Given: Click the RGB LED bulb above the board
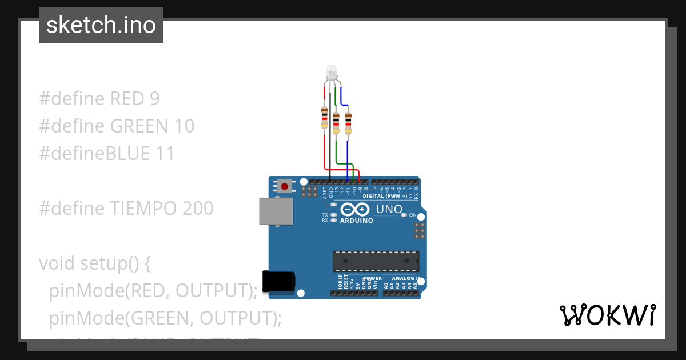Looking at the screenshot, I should [332, 72].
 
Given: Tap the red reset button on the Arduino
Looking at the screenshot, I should [285, 186].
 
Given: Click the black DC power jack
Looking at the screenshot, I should [278, 282].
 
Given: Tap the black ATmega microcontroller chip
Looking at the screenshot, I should [376, 261].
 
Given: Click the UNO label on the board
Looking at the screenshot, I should [389, 210].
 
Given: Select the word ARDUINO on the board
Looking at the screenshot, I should [356, 221].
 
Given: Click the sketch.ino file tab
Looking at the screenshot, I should [101, 25].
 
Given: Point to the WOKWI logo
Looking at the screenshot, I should [607, 315].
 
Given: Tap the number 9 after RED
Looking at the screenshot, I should [154, 99].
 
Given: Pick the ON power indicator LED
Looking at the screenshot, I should [404, 215].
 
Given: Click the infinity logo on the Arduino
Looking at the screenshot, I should [356, 210].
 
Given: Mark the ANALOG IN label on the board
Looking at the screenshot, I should [406, 278].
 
